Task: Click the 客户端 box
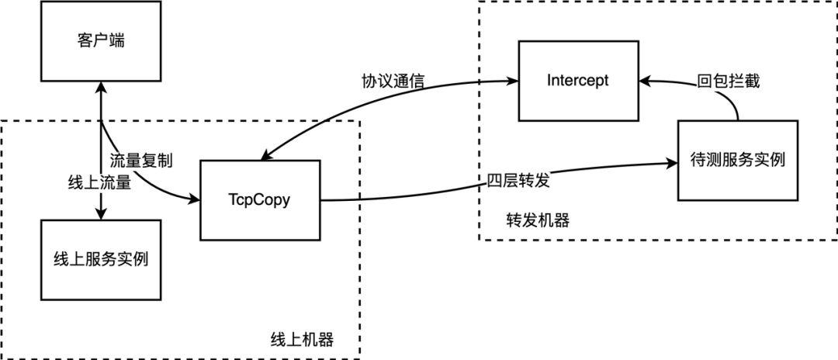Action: tap(101, 41)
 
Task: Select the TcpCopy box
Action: tap(259, 199)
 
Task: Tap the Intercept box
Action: tap(577, 80)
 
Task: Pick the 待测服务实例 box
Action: tap(737, 161)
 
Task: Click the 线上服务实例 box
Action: tap(101, 260)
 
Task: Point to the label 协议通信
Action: tap(393, 81)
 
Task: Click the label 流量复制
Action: tap(140, 161)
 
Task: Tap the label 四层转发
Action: tap(518, 181)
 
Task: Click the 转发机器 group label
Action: tap(537, 220)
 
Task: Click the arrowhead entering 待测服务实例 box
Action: tap(672, 163)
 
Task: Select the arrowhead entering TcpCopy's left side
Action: tap(194, 199)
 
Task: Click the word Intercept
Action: tap(577, 80)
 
